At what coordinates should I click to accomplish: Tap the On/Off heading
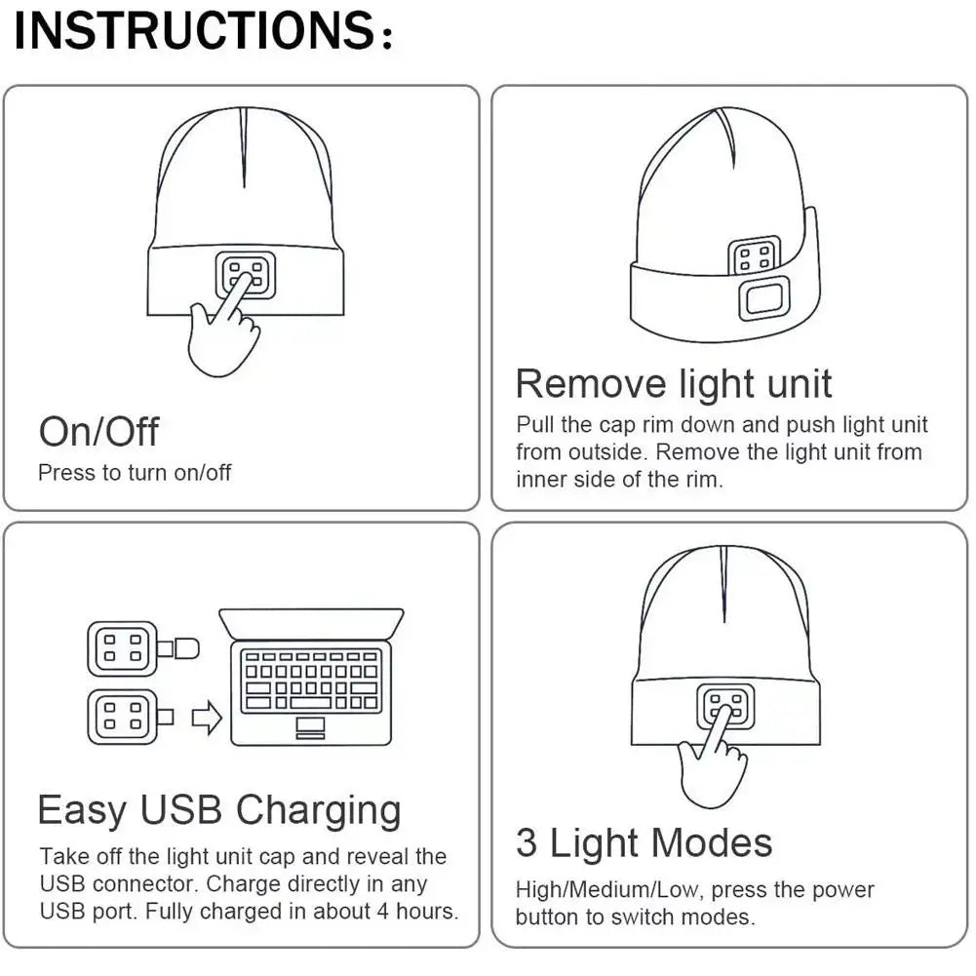[98, 432]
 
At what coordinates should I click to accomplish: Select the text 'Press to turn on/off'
[135, 473]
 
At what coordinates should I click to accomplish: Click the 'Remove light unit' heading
[674, 383]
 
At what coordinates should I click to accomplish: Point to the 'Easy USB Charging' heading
[219, 810]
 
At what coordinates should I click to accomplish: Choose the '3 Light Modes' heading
[644, 842]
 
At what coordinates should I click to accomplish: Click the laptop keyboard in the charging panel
[311, 681]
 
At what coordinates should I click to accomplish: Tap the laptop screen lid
[311, 623]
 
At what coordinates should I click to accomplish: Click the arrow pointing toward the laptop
[206, 719]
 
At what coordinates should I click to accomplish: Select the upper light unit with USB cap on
[123, 648]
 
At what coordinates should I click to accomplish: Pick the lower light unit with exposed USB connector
[123, 717]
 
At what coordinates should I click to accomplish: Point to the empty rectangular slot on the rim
[763, 298]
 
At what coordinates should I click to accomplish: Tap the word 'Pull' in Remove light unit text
[534, 425]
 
